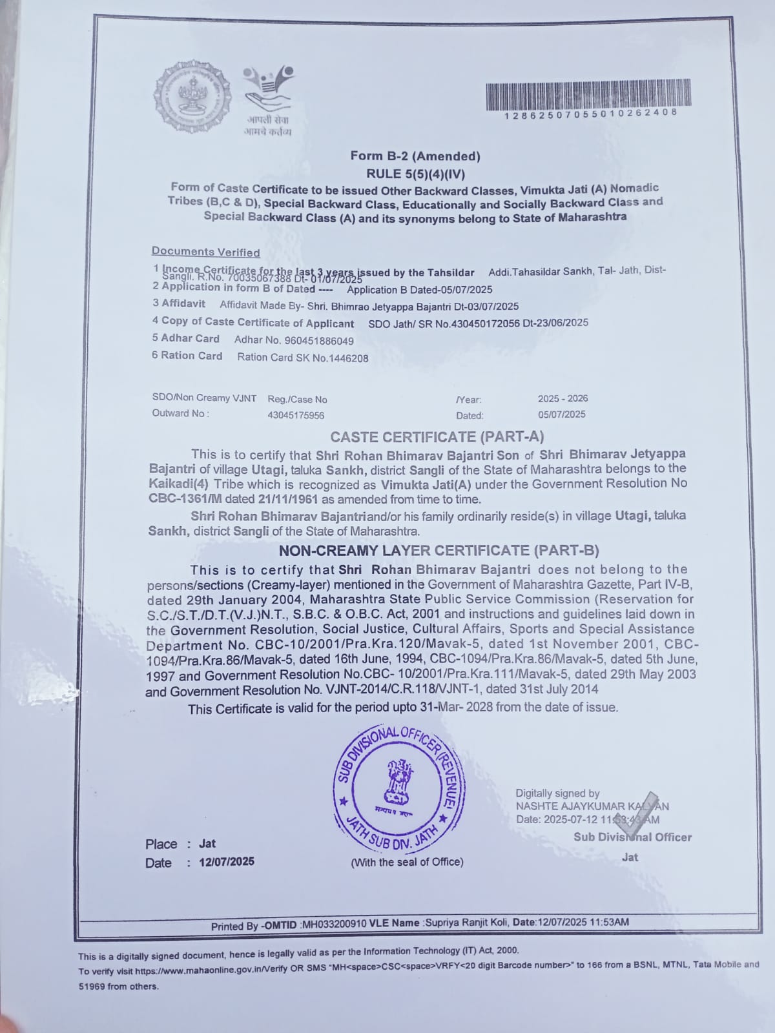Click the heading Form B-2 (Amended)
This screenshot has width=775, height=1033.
point(415,156)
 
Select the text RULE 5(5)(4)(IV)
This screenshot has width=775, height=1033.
point(415,173)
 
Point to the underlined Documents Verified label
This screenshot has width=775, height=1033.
point(205,252)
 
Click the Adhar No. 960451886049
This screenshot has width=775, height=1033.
point(294,340)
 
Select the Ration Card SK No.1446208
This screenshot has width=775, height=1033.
point(303,357)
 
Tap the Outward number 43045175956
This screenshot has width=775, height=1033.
point(296,416)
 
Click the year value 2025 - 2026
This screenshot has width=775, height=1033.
point(563,398)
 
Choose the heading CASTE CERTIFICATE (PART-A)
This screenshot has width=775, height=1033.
point(437,437)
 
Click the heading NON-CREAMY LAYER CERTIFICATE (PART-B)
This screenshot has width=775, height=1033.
point(439,551)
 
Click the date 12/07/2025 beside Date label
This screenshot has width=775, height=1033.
point(227,862)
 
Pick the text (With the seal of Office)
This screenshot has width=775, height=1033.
point(407,862)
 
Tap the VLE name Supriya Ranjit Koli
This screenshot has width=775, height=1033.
point(467,923)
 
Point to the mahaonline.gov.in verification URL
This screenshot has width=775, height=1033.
point(203,971)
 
